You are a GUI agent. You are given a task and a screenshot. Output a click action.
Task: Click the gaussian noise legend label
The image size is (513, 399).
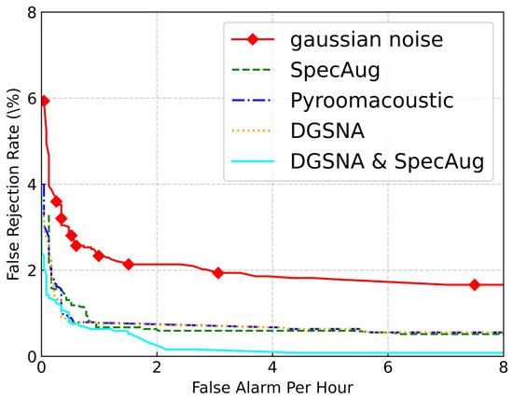(367, 40)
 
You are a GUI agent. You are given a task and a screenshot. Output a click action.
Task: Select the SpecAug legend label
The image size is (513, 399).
(335, 70)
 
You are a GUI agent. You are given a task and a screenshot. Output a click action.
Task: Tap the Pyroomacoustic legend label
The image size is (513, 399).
(372, 101)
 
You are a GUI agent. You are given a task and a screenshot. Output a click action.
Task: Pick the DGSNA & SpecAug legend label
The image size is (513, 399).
(387, 161)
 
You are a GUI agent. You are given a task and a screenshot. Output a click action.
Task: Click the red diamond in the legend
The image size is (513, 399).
(253, 39)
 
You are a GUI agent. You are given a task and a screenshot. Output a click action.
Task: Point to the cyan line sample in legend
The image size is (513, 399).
(253, 161)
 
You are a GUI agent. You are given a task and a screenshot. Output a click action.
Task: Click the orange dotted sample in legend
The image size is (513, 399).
(253, 131)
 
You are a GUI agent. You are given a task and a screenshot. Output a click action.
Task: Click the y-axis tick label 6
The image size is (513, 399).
(32, 99)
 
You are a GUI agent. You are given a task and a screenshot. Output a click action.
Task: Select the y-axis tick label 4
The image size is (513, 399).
(32, 185)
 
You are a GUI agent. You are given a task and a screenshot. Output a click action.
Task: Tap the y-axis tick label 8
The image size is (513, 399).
(32, 12)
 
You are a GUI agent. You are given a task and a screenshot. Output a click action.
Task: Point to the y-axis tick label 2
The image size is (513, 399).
(32, 270)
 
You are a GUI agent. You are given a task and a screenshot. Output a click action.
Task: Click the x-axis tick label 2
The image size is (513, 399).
(157, 367)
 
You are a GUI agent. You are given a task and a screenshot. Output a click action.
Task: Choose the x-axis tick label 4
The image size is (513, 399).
(272, 367)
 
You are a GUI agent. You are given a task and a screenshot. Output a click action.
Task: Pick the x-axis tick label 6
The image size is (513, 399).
(388, 367)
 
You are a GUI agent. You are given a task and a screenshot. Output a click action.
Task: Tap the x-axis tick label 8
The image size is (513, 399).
(504, 367)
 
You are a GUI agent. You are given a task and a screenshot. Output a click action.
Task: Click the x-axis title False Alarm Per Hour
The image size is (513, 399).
(272, 388)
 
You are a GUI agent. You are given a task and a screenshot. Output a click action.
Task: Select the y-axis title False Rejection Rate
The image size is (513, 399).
(13, 185)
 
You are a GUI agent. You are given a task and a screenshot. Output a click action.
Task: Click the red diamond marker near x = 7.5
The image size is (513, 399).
(475, 285)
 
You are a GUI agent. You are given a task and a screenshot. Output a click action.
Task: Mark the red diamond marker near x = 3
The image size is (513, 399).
(218, 273)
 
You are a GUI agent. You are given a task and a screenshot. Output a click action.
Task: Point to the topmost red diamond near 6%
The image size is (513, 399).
(45, 101)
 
